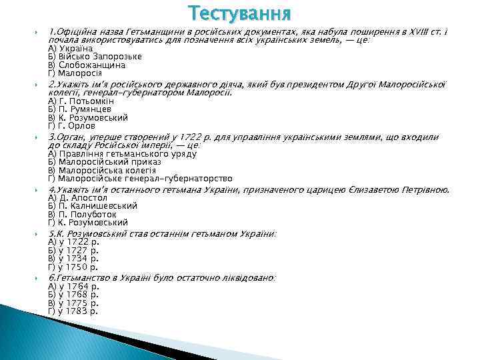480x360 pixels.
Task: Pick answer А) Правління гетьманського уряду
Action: point(123,153)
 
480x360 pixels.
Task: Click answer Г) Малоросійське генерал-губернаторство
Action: point(141,179)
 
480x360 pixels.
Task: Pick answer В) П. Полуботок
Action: point(83,215)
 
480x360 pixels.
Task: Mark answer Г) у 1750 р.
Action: point(73,267)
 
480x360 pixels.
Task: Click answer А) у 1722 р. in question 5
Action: point(73,241)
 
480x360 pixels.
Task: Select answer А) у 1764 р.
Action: point(73,285)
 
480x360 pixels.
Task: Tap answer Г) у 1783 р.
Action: point(73,311)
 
